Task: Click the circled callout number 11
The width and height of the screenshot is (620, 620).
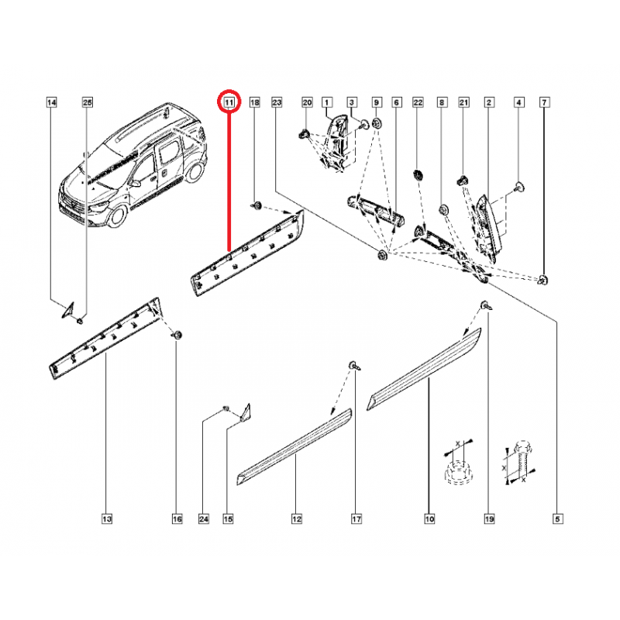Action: [x=229, y=102]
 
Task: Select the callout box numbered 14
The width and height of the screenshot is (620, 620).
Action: [x=51, y=102]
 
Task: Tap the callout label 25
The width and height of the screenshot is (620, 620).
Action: [x=87, y=102]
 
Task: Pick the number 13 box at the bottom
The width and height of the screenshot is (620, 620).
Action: [x=106, y=518]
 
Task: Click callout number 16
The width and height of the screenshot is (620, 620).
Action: [x=177, y=518]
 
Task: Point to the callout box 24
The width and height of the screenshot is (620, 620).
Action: [x=205, y=518]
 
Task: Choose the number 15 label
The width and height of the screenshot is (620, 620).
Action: [x=229, y=518]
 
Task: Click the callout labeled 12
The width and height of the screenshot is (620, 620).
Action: [x=296, y=518]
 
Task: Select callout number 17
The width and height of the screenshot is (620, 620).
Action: [x=356, y=518]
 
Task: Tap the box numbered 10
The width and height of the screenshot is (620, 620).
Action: [x=429, y=518]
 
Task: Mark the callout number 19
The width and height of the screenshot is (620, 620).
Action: [x=489, y=518]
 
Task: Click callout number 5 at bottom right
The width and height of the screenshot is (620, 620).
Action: [x=556, y=518]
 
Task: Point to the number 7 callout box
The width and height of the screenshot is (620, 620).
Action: [x=544, y=102]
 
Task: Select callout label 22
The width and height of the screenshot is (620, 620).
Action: [x=418, y=102]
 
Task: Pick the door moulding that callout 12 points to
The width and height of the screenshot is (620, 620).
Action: [x=294, y=446]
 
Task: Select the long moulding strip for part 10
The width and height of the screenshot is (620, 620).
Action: [x=426, y=370]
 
